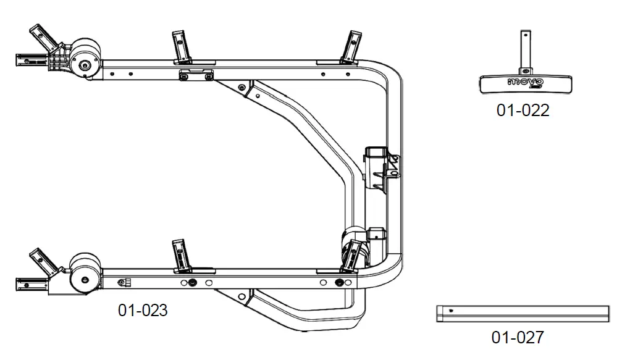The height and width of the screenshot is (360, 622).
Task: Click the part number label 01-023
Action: (x=143, y=310)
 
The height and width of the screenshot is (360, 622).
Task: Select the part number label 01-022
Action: (x=523, y=111)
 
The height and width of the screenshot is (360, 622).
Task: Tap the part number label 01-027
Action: (x=518, y=338)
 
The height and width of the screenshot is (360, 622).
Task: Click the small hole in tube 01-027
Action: (x=452, y=311)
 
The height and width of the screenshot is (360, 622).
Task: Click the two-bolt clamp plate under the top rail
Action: (x=196, y=75)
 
